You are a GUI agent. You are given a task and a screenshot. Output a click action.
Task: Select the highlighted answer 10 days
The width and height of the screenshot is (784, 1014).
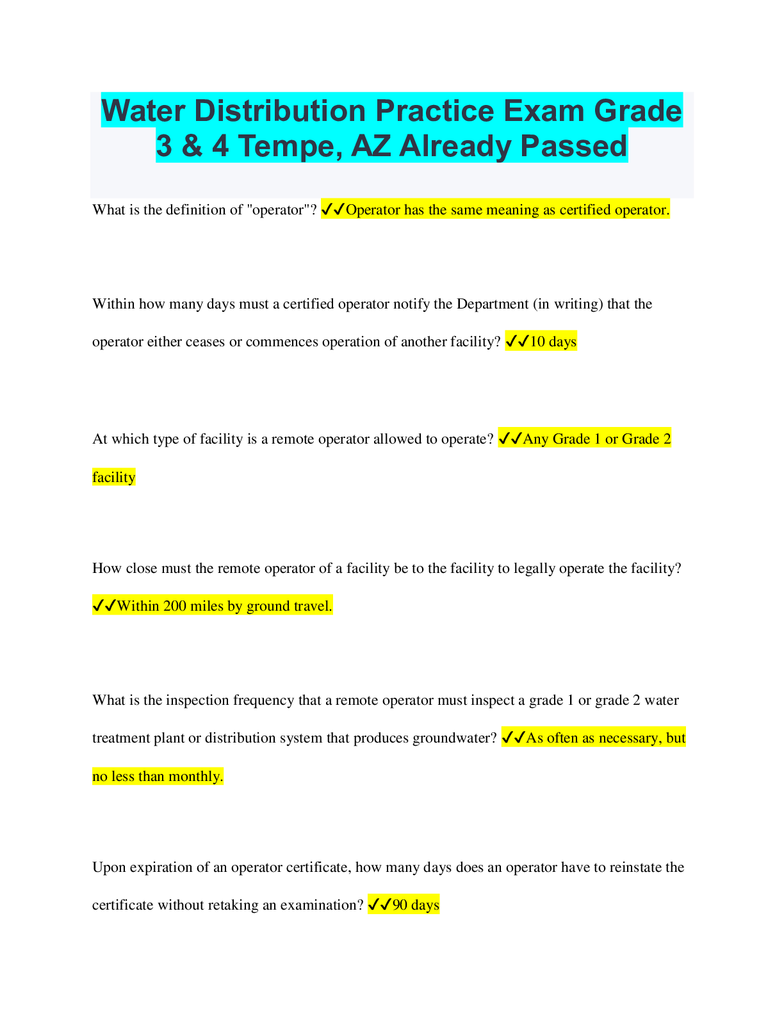point(553,342)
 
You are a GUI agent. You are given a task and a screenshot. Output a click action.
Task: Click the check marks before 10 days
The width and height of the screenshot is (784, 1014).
point(516,342)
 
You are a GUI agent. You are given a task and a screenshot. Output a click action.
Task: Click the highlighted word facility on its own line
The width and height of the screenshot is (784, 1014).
point(113,478)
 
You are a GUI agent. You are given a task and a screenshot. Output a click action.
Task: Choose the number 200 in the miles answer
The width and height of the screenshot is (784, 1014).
point(175,606)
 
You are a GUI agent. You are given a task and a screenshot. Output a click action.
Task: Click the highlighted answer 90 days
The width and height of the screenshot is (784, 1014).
point(416,905)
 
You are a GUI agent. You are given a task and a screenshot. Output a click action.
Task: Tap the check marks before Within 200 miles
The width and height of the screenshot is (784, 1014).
point(104,606)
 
